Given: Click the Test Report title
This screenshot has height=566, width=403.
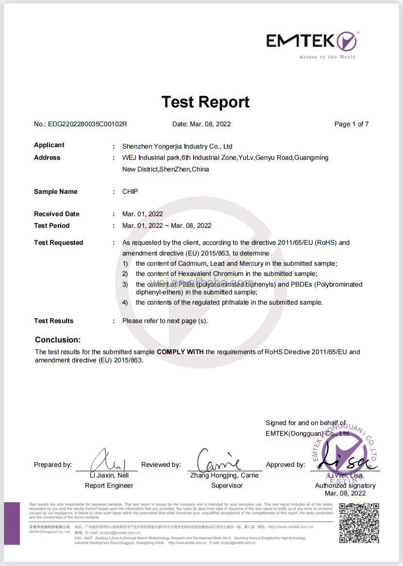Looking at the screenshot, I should (x=205, y=102).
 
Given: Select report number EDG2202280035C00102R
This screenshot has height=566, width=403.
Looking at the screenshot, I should (x=87, y=124).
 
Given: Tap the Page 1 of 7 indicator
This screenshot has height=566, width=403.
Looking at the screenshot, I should (x=351, y=124).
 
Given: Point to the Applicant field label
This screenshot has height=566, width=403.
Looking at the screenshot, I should (x=49, y=145).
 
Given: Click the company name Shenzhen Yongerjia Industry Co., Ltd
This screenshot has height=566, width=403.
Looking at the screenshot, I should (x=177, y=146).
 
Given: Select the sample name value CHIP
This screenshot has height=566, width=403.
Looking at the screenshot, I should (x=130, y=191).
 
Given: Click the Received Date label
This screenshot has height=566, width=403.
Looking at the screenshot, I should (x=56, y=214).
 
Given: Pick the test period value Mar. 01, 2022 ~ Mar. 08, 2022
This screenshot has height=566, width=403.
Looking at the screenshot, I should (x=167, y=225).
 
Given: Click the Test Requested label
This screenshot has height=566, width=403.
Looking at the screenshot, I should (x=58, y=242).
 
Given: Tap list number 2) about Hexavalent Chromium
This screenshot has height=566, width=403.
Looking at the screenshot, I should (x=125, y=274).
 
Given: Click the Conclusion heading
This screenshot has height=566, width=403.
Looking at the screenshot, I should (x=58, y=340).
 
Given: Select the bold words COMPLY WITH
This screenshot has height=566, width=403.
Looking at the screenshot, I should (x=180, y=352).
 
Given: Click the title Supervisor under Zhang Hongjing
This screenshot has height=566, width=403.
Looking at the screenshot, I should (x=227, y=485).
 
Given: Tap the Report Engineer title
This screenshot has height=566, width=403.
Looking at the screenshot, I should (x=109, y=485).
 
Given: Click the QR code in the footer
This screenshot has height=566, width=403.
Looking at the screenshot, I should (x=359, y=523).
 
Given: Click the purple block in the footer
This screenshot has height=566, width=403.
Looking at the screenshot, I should (x=12, y=523).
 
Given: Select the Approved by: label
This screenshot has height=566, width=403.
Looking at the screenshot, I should (x=285, y=465).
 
